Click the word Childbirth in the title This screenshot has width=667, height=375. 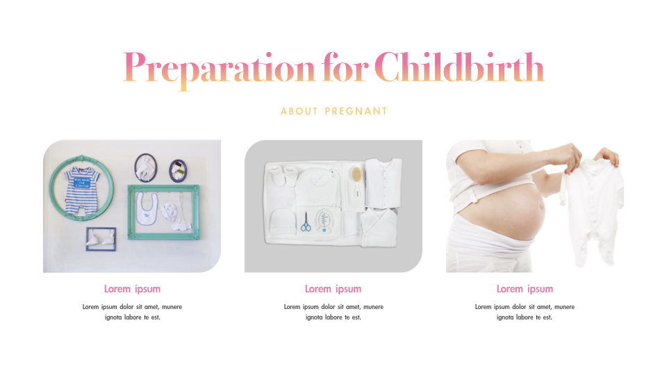(x=459, y=68)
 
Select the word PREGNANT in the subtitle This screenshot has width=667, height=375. (x=356, y=111)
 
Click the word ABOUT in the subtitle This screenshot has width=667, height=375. (x=299, y=111)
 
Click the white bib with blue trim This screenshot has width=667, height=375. (x=146, y=209)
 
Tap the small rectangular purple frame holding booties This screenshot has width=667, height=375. (x=101, y=238)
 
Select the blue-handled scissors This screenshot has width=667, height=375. (x=306, y=222)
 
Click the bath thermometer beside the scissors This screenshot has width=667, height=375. (x=324, y=222)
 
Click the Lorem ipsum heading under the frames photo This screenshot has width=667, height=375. (x=132, y=289)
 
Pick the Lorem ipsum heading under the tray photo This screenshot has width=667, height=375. (x=333, y=289)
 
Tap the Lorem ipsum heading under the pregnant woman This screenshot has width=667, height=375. (x=525, y=289)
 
